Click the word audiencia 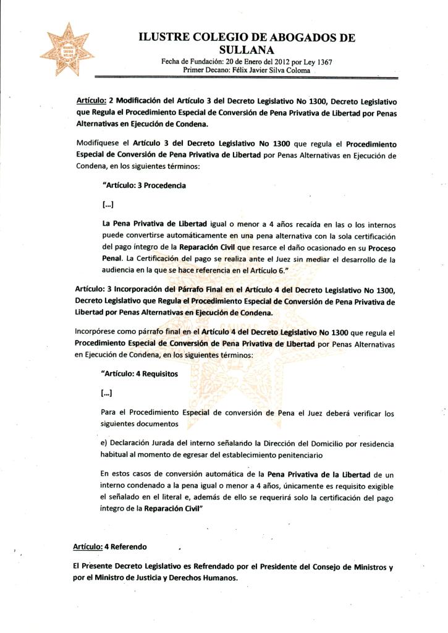point(120,270)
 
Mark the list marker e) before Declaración point(104,444)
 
